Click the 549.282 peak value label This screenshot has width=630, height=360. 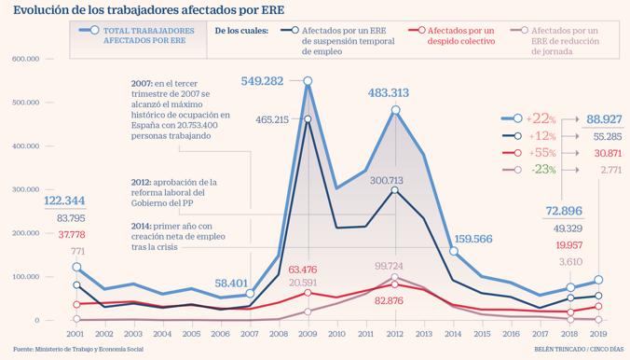click(x=263, y=81)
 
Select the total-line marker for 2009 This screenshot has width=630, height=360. click(x=308, y=81)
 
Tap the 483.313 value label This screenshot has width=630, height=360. click(x=388, y=93)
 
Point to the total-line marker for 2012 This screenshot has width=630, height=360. click(x=395, y=110)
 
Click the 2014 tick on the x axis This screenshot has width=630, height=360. click(x=454, y=334)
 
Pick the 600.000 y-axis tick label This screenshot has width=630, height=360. click(x=26, y=59)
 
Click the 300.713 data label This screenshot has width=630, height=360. click(x=387, y=181)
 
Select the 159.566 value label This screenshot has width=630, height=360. click(x=473, y=239)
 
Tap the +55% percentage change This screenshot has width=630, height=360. click(x=542, y=153)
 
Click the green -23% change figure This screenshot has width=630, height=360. click(x=543, y=170)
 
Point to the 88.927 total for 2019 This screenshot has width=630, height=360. click(x=604, y=119)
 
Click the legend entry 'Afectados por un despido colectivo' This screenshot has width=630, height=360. click(x=460, y=35)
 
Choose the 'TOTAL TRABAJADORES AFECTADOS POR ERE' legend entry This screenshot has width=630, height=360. click(x=149, y=35)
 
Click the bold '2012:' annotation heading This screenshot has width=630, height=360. click(x=141, y=182)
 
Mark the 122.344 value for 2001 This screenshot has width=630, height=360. click(x=64, y=201)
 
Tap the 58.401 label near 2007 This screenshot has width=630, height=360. click(x=231, y=284)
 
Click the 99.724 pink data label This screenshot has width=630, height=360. click(x=389, y=266)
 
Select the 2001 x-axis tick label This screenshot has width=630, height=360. click(x=75, y=334)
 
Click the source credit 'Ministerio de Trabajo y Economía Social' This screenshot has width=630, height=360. click(x=89, y=349)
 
